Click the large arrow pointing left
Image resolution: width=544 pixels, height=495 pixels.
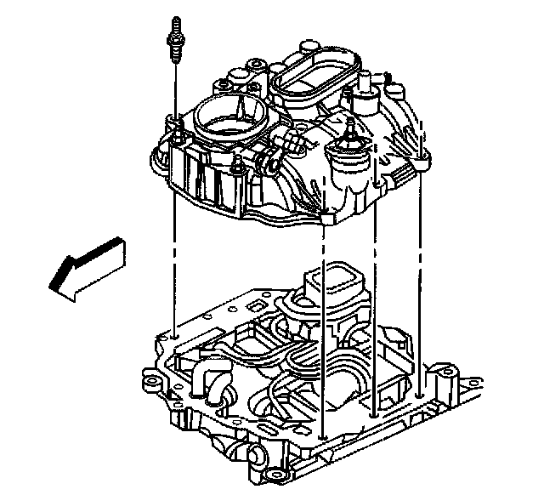[85, 266]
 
